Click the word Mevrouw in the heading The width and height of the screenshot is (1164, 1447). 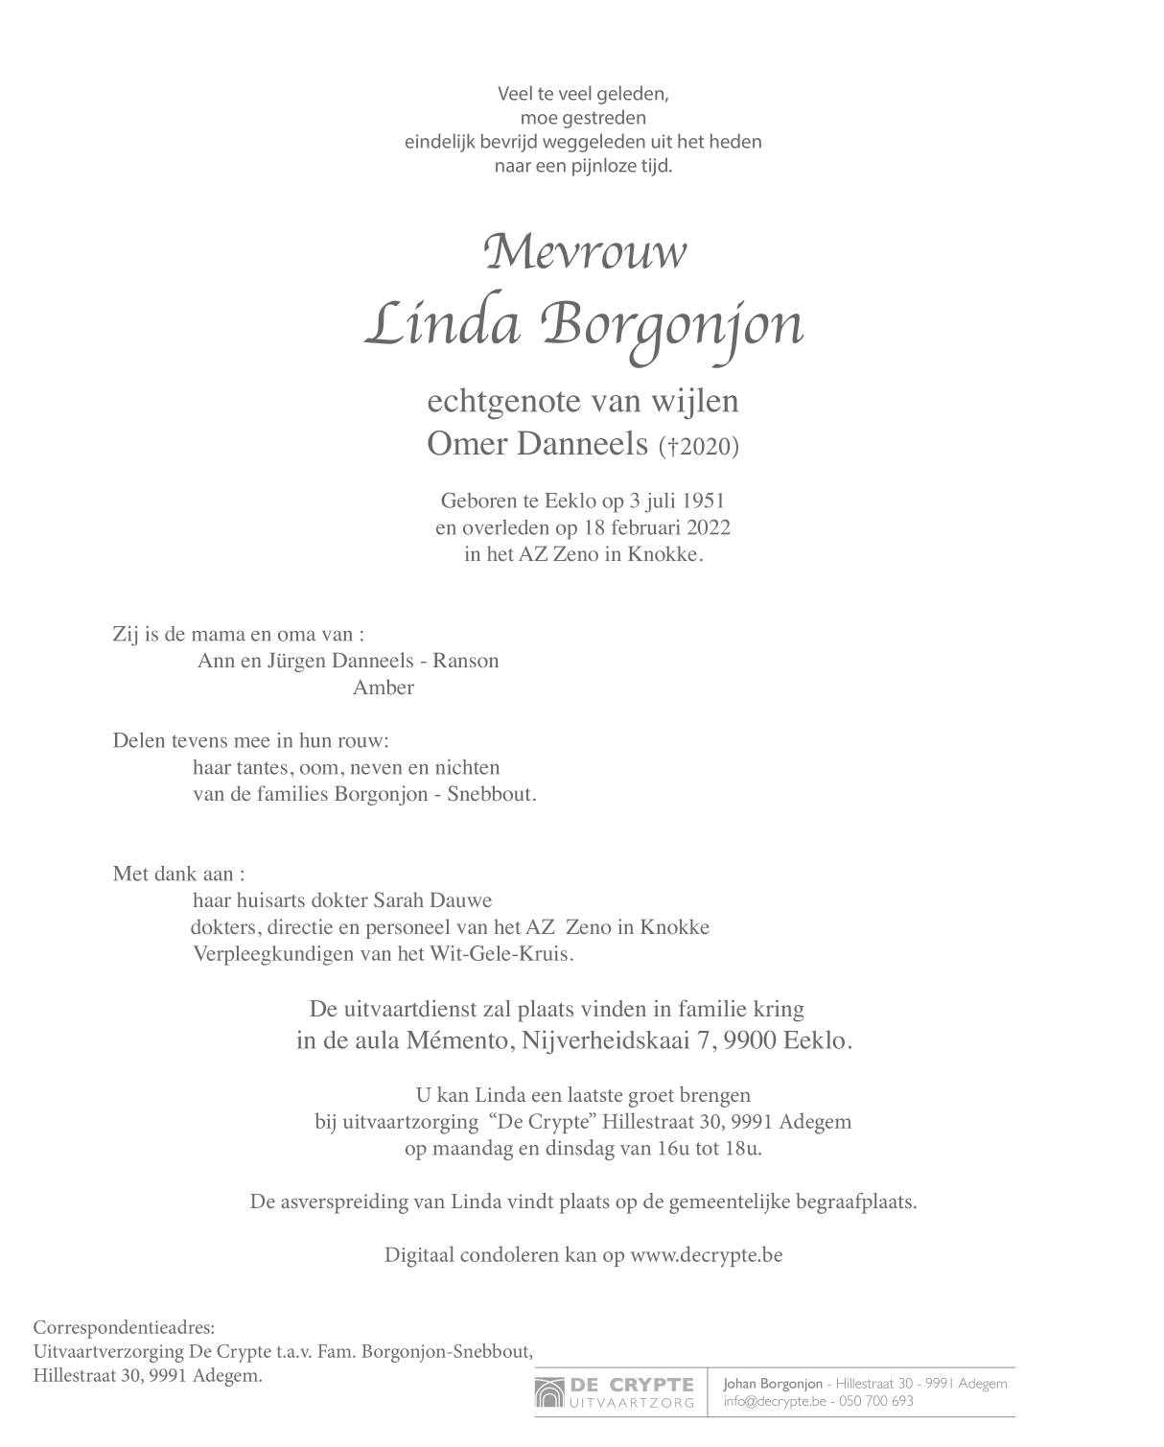point(585,253)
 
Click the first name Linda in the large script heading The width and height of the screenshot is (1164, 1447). point(442,324)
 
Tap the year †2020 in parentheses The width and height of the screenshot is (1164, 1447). point(699,446)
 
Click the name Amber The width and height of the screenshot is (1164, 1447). point(384,688)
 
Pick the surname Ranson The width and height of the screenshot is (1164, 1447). point(466,661)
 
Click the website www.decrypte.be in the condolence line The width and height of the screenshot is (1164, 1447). point(706,1254)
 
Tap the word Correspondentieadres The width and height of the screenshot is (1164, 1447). point(124,1327)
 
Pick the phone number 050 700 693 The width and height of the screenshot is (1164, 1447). point(875,1401)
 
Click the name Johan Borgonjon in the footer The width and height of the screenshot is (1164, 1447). point(772,1383)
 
